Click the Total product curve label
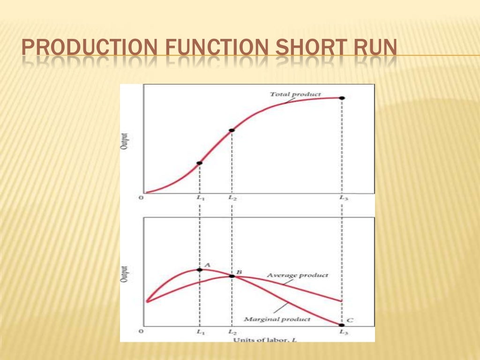[295, 94]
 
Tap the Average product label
[298, 275]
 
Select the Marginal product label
[277, 319]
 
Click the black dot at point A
[200, 270]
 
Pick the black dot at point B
[232, 276]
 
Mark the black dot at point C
[342, 325]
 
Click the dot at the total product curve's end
[342, 97]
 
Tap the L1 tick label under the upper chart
[200, 198]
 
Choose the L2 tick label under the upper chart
[232, 198]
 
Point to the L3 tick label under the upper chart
[344, 198]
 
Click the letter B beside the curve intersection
[239, 272]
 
